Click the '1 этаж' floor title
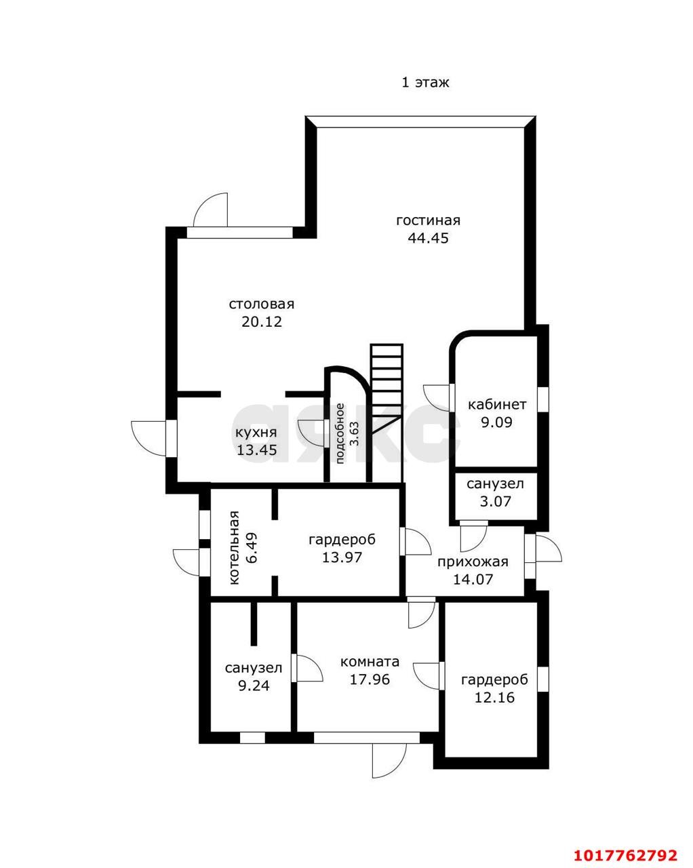424,82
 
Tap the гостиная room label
428,220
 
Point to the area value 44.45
428,238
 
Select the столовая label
261,304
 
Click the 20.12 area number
262,321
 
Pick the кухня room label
256,433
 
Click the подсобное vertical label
340,433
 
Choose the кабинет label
497,404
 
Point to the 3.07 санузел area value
495,501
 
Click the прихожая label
473,562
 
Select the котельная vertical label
234,547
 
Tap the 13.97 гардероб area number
342,557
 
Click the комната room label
370,661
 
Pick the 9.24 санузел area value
254,686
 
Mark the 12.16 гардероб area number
494,697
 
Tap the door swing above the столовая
210,210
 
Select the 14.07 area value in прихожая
473,580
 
